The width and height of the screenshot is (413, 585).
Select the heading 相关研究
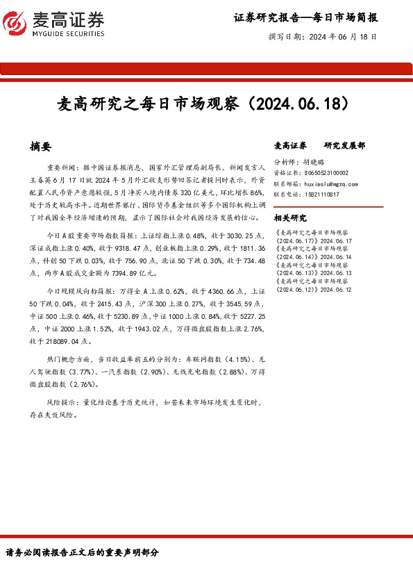[290, 217]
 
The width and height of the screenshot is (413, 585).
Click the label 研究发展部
[344, 146]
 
